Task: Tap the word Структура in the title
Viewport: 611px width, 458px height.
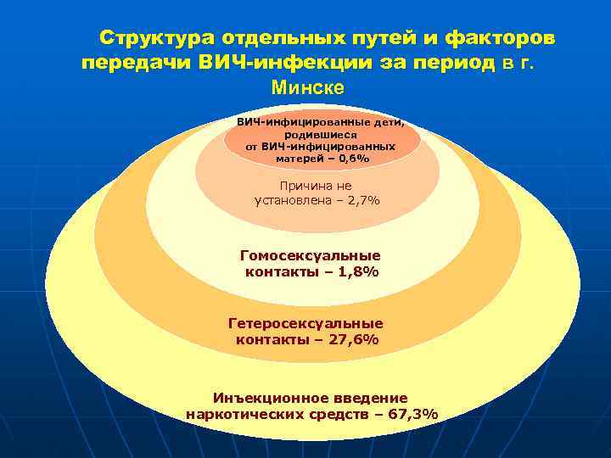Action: click(x=156, y=39)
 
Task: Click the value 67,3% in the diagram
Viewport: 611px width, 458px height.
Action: click(x=412, y=414)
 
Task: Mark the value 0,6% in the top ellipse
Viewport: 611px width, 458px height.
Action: click(x=355, y=158)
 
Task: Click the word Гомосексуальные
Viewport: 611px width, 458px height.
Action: click(x=311, y=255)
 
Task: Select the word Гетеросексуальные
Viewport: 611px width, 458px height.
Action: click(x=305, y=323)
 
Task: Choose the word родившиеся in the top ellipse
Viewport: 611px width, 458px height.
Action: click(x=320, y=134)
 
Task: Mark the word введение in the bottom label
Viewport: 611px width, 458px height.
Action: click(x=370, y=398)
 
